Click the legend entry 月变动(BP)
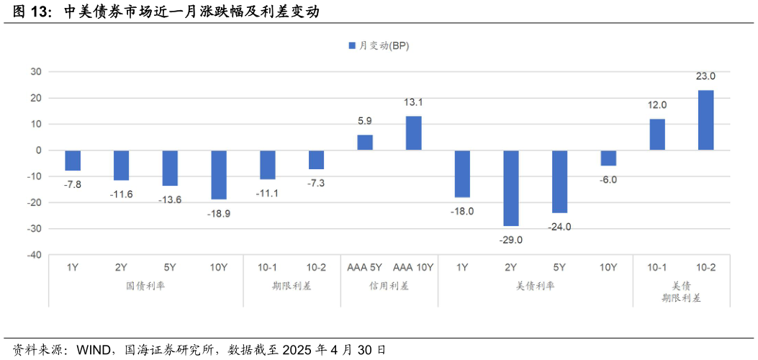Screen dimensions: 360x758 379,45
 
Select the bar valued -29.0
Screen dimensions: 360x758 511,188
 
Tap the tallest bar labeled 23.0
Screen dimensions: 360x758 705,120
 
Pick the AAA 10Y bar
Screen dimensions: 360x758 414,133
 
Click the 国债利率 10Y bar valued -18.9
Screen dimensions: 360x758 219,175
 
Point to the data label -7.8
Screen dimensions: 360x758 73,184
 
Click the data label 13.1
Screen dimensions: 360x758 413,102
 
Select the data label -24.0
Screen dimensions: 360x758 559,227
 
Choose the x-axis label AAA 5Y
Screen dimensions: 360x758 364,268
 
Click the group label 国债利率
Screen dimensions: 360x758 145,286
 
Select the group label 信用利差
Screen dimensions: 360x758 389,286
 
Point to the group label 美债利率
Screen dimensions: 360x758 535,286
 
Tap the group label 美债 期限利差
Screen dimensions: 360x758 681,292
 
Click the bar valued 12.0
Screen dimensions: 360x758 657,135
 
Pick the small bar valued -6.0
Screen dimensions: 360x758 608,158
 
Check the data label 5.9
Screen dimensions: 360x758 365,121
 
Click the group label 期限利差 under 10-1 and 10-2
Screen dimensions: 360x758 292,286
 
